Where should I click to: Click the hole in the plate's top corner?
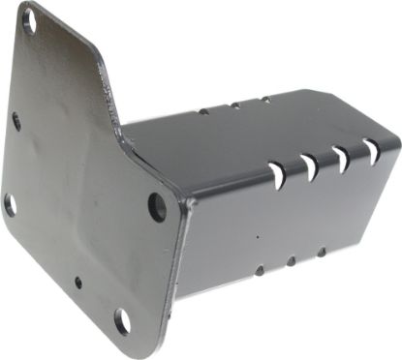click(29, 20)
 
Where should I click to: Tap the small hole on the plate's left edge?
click(15, 121)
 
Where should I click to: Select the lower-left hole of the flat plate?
click(10, 204)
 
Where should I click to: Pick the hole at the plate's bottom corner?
click(122, 321)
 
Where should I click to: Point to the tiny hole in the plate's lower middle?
click(77, 284)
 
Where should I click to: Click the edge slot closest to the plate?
click(277, 174)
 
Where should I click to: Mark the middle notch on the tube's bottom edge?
click(291, 260)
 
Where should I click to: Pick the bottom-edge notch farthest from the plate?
click(322, 252)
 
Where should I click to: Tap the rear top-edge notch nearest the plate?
click(203, 110)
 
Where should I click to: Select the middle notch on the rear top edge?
click(233, 104)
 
